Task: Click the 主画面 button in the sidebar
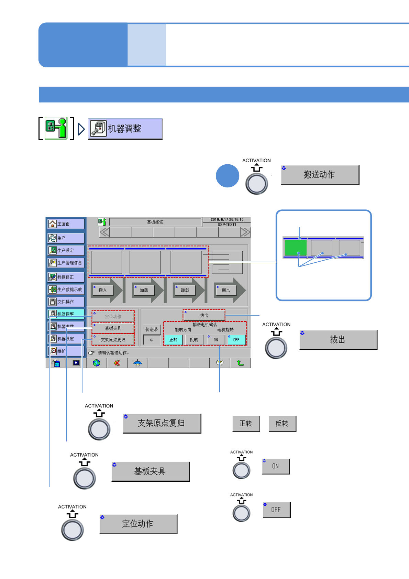point(66,224)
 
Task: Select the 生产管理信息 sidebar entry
point(66,263)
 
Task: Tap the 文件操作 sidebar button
point(66,302)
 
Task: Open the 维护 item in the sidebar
point(66,351)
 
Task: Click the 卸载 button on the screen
point(185,290)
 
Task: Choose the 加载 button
point(144,290)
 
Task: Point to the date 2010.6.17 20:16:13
point(227,219)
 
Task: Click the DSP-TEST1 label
point(227,225)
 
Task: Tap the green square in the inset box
point(295,248)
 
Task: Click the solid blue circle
point(228,176)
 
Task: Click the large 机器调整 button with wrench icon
point(125,129)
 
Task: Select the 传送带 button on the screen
point(152,329)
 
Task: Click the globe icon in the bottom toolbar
point(97,363)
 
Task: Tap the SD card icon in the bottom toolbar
point(56,363)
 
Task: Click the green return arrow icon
point(240,363)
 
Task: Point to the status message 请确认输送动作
point(113,353)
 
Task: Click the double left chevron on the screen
point(104,232)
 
